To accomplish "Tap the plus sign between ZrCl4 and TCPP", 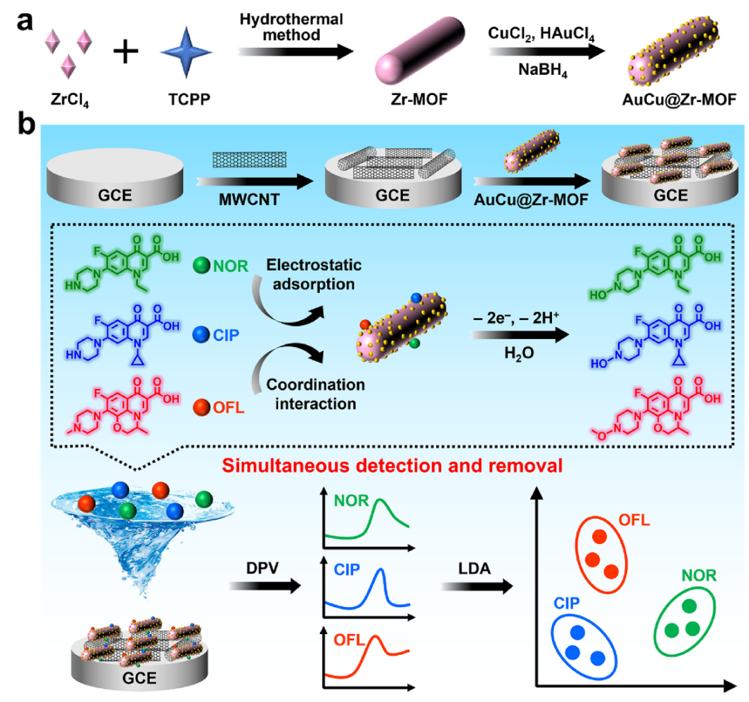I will (126, 52).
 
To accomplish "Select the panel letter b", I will (27, 128).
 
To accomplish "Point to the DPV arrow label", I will (264, 565).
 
